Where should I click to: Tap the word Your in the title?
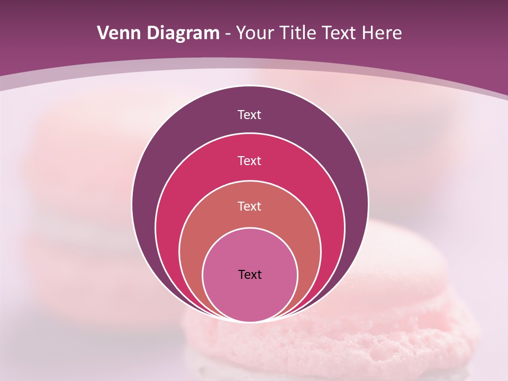pyautogui.click(x=256, y=33)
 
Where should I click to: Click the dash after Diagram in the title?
pyautogui.click(x=227, y=34)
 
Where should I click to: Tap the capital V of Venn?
pyautogui.click(x=104, y=33)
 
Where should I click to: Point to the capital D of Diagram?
pyautogui.click(x=153, y=33)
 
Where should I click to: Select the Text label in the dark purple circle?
pyautogui.click(x=250, y=115)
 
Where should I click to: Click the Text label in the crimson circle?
pyautogui.click(x=250, y=160)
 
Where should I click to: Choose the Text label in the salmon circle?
pyautogui.click(x=250, y=206)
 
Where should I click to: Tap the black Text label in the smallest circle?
pyautogui.click(x=250, y=275)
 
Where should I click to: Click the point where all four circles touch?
pyautogui.click(x=250, y=321)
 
